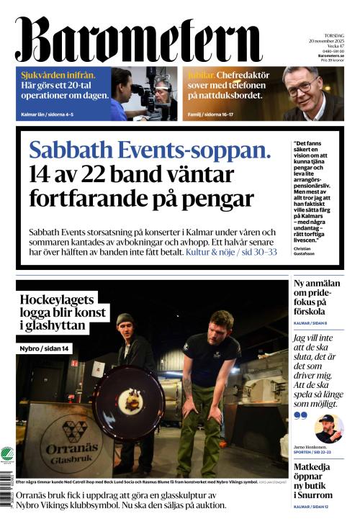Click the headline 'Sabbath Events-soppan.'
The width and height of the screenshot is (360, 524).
pyautogui.click(x=150, y=150)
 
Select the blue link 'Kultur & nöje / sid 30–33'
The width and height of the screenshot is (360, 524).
pyautogui.click(x=230, y=253)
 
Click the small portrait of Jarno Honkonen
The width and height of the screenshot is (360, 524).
pyautogui.click(x=328, y=428)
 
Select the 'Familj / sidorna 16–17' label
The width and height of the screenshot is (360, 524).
pyautogui.click(x=216, y=114)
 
